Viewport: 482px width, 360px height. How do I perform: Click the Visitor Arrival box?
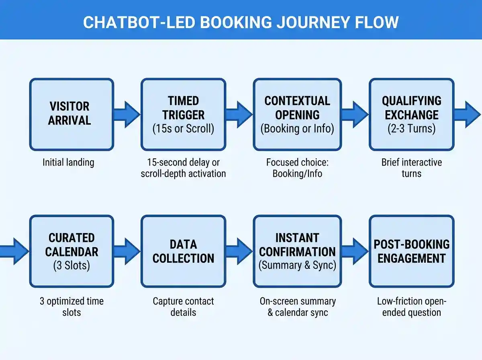[71, 115]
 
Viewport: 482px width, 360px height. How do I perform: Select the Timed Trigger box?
[183, 115]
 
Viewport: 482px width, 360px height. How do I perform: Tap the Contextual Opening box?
[297, 115]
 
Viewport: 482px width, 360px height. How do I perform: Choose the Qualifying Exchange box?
[411, 115]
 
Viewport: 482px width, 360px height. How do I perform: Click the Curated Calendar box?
[71, 251]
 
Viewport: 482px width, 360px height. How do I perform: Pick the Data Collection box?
[183, 251]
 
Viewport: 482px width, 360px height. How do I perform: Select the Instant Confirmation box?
[297, 251]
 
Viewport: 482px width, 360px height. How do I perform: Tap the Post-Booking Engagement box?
[411, 251]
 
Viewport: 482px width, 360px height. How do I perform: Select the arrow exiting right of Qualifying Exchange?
[467, 115]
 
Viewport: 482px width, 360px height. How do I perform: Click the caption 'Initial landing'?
[68, 162]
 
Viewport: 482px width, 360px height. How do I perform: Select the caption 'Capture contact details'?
[183, 307]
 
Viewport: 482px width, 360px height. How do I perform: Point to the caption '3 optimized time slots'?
[71, 307]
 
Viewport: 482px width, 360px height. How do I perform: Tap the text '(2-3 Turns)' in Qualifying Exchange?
[411, 129]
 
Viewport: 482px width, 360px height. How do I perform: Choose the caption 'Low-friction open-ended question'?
[411, 307]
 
